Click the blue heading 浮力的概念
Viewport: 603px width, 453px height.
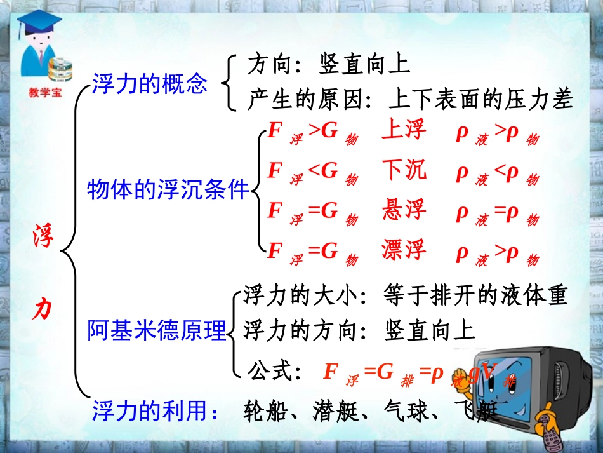pos(150,84)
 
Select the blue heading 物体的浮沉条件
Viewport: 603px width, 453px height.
pos(168,189)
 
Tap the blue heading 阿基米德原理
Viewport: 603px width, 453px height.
pos(157,330)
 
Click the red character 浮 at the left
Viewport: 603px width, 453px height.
pos(44,237)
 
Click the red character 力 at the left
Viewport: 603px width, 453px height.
pos(43,309)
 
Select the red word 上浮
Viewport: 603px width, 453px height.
pos(404,131)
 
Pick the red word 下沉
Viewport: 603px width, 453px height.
pos(404,170)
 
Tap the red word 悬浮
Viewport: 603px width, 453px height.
pos(404,210)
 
